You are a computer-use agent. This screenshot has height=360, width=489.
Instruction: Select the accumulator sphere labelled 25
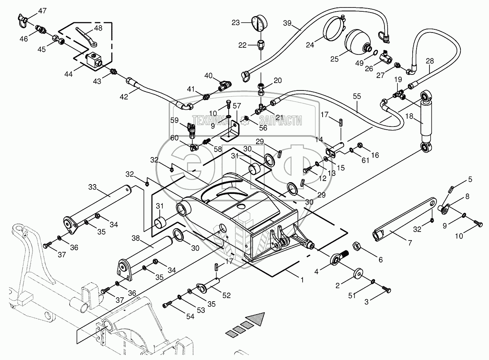[356, 43]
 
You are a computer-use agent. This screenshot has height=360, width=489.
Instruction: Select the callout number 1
[301, 280]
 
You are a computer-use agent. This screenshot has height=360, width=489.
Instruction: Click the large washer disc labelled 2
[357, 273]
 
